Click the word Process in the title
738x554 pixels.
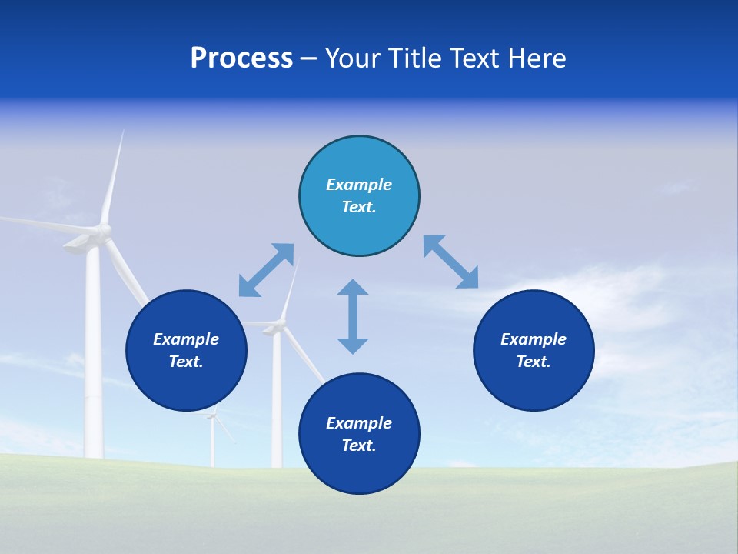241,58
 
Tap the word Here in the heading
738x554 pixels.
536,58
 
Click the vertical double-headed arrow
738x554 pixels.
353,316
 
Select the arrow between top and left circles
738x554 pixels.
266,270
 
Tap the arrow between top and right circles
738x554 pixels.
451,262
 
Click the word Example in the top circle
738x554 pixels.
359,185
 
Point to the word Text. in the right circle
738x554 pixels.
534,362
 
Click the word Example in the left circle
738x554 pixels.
186,339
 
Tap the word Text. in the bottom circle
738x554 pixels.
359,446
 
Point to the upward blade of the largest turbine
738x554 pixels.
113,177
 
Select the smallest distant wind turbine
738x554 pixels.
213,439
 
